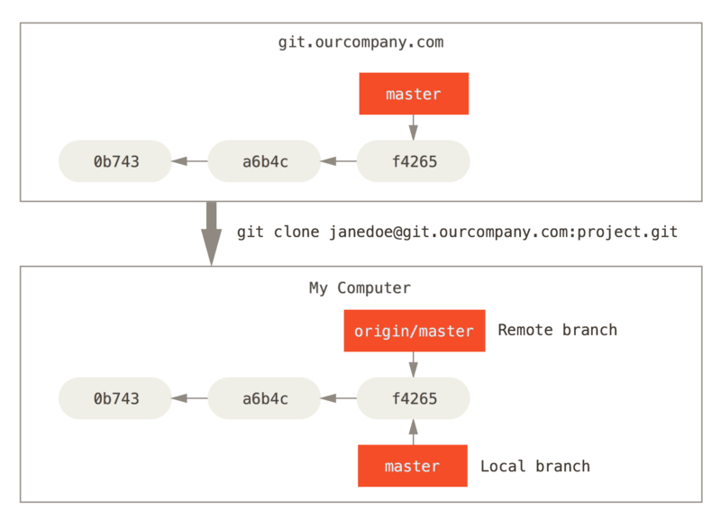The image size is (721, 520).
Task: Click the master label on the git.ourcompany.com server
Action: click(414, 95)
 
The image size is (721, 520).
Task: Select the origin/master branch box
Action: click(414, 331)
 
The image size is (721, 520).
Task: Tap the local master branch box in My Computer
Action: click(412, 466)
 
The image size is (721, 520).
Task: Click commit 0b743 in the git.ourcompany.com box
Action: click(115, 162)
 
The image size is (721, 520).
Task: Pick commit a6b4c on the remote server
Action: click(264, 162)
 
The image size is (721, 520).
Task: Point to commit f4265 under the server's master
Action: click(414, 162)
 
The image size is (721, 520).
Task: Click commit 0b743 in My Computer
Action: click(115, 398)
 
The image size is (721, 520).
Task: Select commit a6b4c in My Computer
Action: click(264, 398)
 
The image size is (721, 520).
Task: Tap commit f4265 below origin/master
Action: click(414, 398)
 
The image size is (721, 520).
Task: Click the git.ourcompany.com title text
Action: click(360, 42)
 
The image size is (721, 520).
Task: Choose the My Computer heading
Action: click(360, 288)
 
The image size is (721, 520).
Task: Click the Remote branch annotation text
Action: click(557, 330)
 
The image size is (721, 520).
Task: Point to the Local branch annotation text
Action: click(535, 466)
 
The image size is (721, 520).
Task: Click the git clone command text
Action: click(457, 233)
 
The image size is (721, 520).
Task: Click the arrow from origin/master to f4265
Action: click(414, 364)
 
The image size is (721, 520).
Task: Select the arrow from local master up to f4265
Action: click(414, 432)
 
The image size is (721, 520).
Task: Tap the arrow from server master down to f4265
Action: click(414, 128)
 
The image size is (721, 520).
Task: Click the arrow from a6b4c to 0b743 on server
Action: click(189, 162)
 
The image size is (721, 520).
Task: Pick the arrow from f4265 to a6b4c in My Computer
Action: click(339, 398)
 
